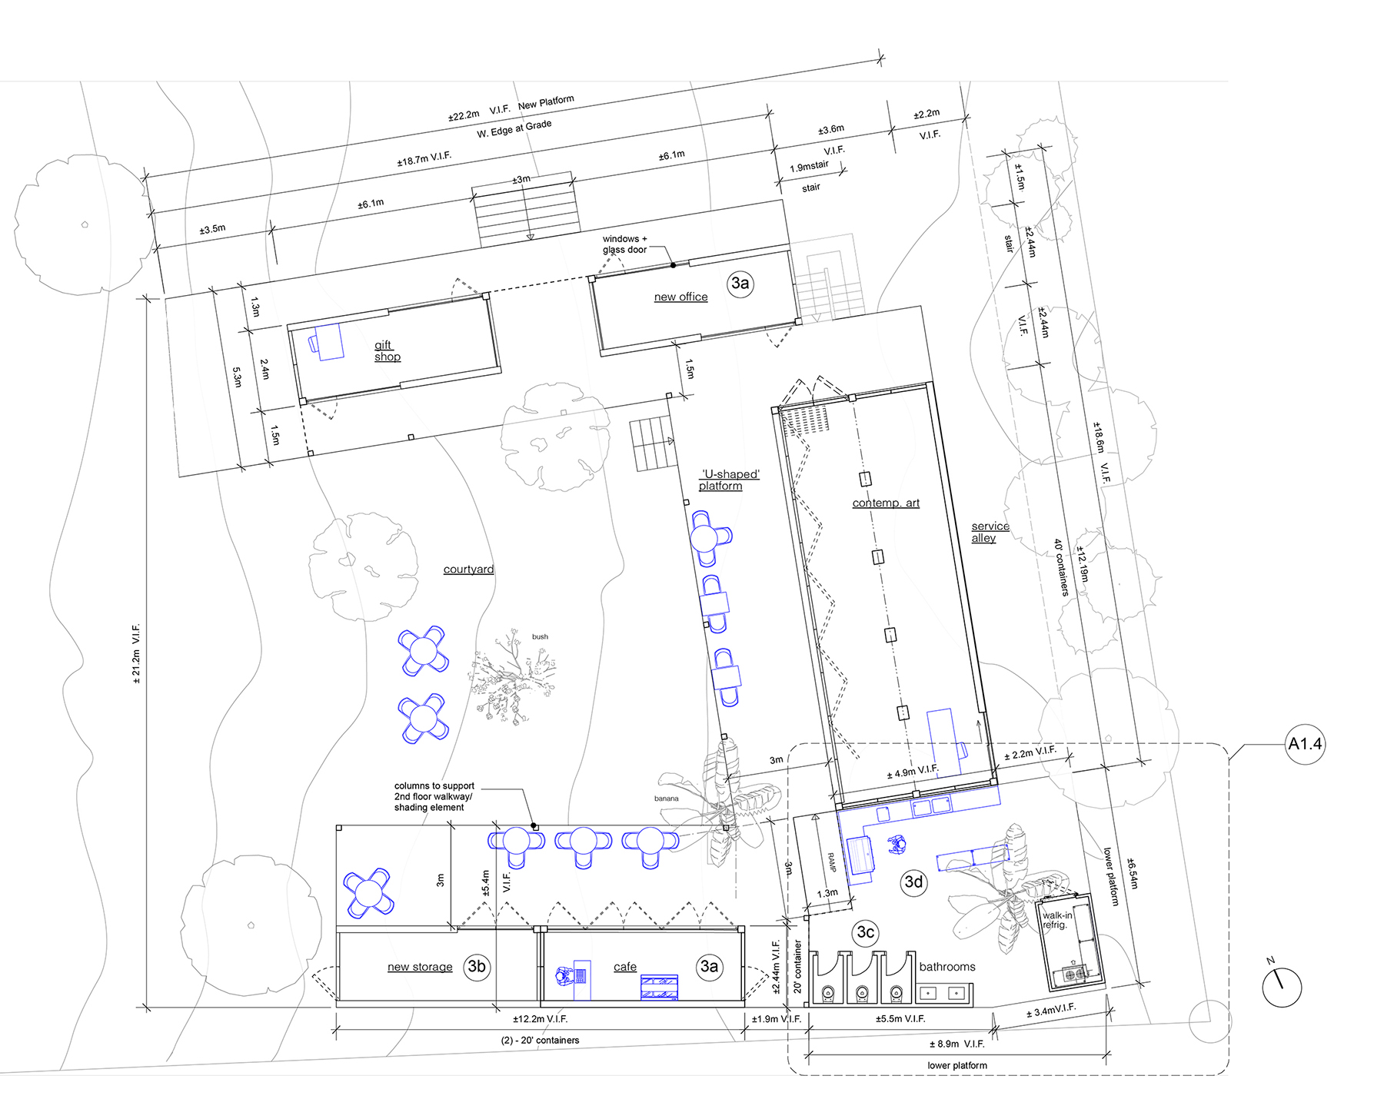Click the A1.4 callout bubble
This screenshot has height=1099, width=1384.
click(x=1305, y=743)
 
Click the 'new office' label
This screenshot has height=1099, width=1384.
click(x=680, y=297)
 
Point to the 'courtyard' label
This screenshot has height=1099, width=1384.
click(x=468, y=569)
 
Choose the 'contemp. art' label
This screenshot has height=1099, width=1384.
click(x=886, y=503)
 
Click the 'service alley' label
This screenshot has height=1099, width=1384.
click(x=990, y=532)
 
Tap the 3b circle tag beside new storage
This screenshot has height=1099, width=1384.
click(x=477, y=966)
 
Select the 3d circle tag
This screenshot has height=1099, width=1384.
click(x=913, y=882)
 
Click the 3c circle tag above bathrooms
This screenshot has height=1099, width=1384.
click(x=865, y=932)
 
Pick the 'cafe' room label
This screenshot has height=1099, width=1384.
click(x=625, y=967)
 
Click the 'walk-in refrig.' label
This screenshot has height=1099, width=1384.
click(x=1057, y=920)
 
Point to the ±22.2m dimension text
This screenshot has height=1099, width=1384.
click(x=464, y=115)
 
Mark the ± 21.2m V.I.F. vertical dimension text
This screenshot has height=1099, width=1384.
click(x=136, y=653)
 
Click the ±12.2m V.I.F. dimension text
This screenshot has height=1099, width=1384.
click(x=541, y=1019)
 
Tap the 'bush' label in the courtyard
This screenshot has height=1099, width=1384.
click(x=540, y=636)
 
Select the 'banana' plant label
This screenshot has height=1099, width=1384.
click(x=666, y=799)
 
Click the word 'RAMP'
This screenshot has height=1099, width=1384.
click(x=831, y=862)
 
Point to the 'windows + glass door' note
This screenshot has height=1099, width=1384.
click(x=624, y=244)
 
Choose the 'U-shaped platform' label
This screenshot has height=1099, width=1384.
click(x=730, y=480)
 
